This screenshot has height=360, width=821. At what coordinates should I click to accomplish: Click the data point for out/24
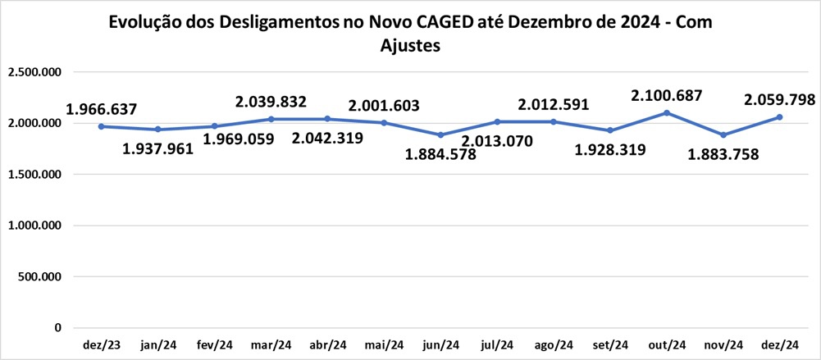point(667,112)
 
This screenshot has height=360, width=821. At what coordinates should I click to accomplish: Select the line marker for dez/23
point(101,126)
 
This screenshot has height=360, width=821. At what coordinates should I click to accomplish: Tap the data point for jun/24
point(440,134)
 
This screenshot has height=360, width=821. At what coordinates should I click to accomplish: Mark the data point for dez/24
point(779,116)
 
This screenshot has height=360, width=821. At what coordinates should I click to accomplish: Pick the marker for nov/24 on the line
point(723,134)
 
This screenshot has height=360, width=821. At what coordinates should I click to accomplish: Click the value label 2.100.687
point(666,96)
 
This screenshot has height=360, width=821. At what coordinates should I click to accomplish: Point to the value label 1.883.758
point(723,153)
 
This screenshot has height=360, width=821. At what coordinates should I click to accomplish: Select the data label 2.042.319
point(327,140)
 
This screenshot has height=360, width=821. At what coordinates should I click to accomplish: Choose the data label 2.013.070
point(497,141)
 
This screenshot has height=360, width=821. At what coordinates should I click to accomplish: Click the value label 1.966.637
point(102,109)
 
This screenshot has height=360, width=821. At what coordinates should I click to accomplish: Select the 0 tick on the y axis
point(57,328)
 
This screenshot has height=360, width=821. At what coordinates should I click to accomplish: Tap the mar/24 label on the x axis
point(271,344)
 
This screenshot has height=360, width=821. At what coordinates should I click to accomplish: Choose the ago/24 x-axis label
point(554,344)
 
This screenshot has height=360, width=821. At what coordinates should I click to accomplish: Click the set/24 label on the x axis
point(610,344)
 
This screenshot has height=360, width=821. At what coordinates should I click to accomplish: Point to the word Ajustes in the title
point(411,46)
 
